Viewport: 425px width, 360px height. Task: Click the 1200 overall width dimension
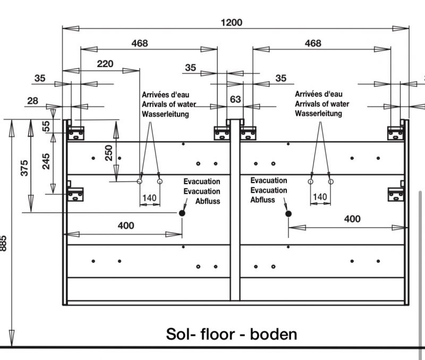point(231,22)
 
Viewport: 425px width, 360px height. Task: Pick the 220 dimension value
point(105,64)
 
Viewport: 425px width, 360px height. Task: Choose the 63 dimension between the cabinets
point(235,99)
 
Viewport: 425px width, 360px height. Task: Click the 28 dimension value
point(33,101)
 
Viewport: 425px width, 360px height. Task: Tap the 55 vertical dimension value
point(46,125)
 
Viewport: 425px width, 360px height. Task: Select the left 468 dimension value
point(139,44)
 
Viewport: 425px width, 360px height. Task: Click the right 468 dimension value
point(313,44)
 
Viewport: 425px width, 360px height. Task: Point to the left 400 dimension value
point(125,225)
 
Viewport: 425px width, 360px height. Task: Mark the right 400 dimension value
point(352,219)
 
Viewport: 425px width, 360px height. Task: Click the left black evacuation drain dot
point(182,213)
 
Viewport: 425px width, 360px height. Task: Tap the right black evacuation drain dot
point(288,213)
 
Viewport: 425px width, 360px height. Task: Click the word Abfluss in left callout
point(208,201)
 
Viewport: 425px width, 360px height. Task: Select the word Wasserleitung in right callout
point(319,114)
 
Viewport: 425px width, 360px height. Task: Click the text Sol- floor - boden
point(232,334)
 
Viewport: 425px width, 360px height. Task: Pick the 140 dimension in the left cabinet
point(150,198)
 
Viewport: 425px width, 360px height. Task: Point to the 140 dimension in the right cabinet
point(320,197)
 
